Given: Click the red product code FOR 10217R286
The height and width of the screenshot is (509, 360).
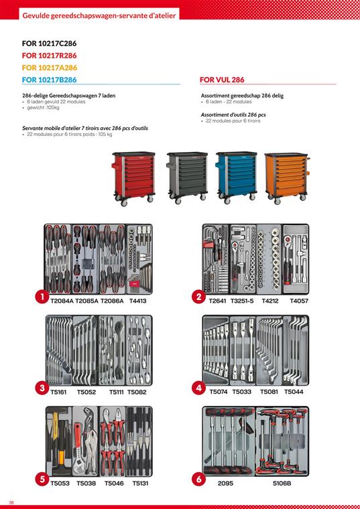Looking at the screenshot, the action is click(x=50, y=56).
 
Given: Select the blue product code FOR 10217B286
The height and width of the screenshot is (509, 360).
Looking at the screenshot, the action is click(x=50, y=80).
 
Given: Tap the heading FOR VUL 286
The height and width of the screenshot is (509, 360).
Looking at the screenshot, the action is click(x=222, y=80).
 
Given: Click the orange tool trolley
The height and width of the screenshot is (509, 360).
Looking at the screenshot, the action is click(x=286, y=178).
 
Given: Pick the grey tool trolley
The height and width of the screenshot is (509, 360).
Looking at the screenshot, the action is click(x=187, y=177).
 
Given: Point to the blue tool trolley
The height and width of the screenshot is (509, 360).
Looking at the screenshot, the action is click(x=236, y=177).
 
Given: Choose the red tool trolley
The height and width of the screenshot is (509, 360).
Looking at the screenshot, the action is click(x=133, y=179).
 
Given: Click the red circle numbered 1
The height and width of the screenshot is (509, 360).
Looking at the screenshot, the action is click(x=42, y=297).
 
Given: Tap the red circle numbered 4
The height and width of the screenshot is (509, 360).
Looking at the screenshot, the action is click(x=198, y=388).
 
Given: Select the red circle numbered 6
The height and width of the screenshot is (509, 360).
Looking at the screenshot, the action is click(x=198, y=479).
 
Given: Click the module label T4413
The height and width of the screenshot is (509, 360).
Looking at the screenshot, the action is click(x=137, y=301).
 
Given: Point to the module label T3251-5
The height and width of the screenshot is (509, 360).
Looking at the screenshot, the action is click(x=242, y=301).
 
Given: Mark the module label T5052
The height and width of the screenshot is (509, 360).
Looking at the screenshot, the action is click(x=86, y=392).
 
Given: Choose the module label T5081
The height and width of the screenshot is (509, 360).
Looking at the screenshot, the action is click(x=269, y=392).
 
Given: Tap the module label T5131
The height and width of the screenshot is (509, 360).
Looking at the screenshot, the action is click(x=140, y=484).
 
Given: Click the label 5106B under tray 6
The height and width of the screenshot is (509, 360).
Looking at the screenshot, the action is click(x=282, y=484).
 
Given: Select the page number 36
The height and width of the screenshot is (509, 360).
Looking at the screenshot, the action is click(x=11, y=502).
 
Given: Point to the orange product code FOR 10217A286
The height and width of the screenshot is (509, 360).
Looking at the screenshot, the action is click(x=50, y=68).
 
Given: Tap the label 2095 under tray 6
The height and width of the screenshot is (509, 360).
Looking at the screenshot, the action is click(x=225, y=484).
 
